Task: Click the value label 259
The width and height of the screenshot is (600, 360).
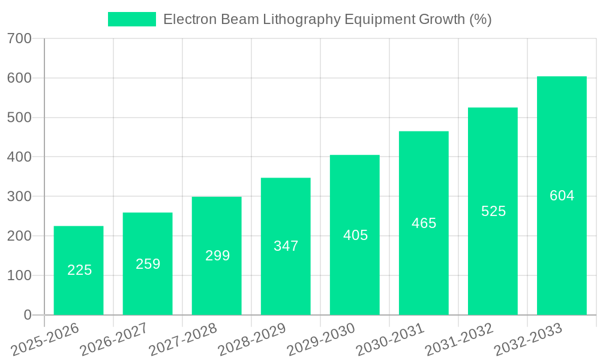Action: point(148,264)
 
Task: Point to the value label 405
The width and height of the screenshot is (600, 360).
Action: point(355,235)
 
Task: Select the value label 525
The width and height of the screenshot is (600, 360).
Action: point(493,211)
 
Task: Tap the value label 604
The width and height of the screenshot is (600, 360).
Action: point(562,196)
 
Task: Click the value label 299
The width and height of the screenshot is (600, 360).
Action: point(217,256)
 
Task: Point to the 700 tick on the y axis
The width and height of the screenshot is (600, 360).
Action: point(19,39)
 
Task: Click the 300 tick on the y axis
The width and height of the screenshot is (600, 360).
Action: point(19,197)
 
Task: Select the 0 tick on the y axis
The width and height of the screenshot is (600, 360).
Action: point(27,315)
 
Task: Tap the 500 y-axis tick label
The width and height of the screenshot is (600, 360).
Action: point(19,118)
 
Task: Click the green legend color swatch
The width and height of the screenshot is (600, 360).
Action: point(131,19)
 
